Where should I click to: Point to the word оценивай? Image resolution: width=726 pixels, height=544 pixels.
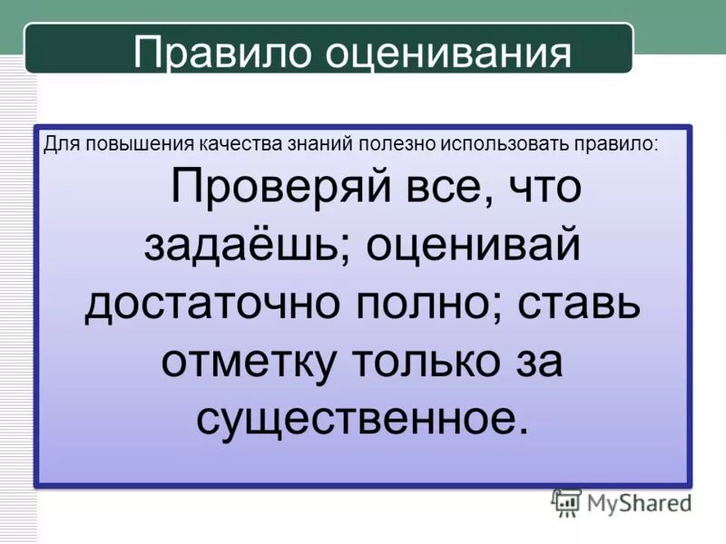point(472,248)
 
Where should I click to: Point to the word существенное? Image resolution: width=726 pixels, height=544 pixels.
point(361,418)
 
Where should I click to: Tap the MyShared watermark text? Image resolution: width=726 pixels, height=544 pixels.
point(639,501)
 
